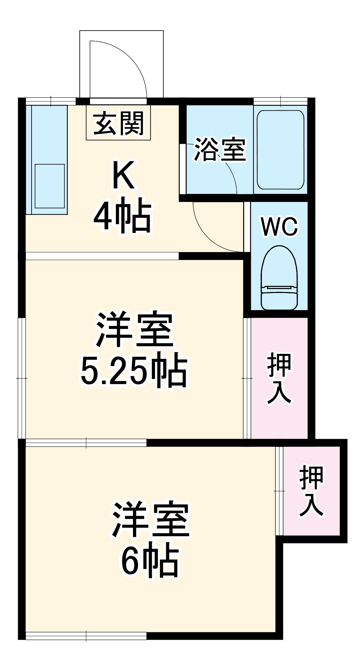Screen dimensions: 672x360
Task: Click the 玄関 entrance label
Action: tap(118, 123)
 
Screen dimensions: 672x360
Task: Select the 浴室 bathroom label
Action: tap(220, 149)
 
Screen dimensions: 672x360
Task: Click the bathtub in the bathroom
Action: tap(280, 150)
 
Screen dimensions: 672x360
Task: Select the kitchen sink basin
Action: tap(50, 186)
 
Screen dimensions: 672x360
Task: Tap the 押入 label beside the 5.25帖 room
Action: tap(279, 378)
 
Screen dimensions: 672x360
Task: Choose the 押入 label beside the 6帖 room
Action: tap(311, 491)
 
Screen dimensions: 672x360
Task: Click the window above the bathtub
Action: tap(280, 101)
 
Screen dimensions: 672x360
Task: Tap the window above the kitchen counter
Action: tap(51, 101)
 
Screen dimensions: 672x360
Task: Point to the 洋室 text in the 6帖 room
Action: tap(151, 519)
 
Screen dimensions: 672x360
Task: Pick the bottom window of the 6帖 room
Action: tap(86, 636)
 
